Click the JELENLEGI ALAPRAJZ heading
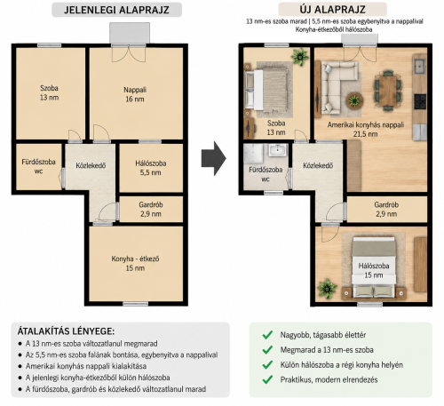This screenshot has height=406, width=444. (116, 10)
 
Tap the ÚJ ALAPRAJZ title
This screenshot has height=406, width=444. (332, 9)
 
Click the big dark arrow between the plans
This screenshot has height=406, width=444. (214, 158)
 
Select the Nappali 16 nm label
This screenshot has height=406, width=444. (135, 94)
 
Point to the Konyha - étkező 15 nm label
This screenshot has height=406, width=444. (135, 263)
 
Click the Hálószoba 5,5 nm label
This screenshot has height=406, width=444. (151, 168)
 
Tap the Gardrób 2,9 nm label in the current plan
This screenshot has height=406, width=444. (151, 209)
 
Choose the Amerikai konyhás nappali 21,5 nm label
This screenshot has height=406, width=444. (366, 129)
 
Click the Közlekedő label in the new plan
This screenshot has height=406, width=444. (318, 165)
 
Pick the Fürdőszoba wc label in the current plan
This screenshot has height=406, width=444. (38, 166)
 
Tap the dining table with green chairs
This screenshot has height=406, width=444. (388, 91)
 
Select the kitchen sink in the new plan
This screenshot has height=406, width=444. (420, 67)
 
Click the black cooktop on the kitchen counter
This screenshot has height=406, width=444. (420, 101)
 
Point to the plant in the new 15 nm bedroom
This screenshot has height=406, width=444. (327, 288)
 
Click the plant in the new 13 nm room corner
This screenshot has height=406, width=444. (300, 56)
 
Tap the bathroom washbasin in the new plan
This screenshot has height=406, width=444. (278, 149)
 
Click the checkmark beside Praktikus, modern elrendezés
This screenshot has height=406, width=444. (267, 379)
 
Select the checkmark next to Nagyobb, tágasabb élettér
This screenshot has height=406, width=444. (267, 335)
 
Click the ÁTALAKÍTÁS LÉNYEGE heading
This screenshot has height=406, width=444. (66, 330)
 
